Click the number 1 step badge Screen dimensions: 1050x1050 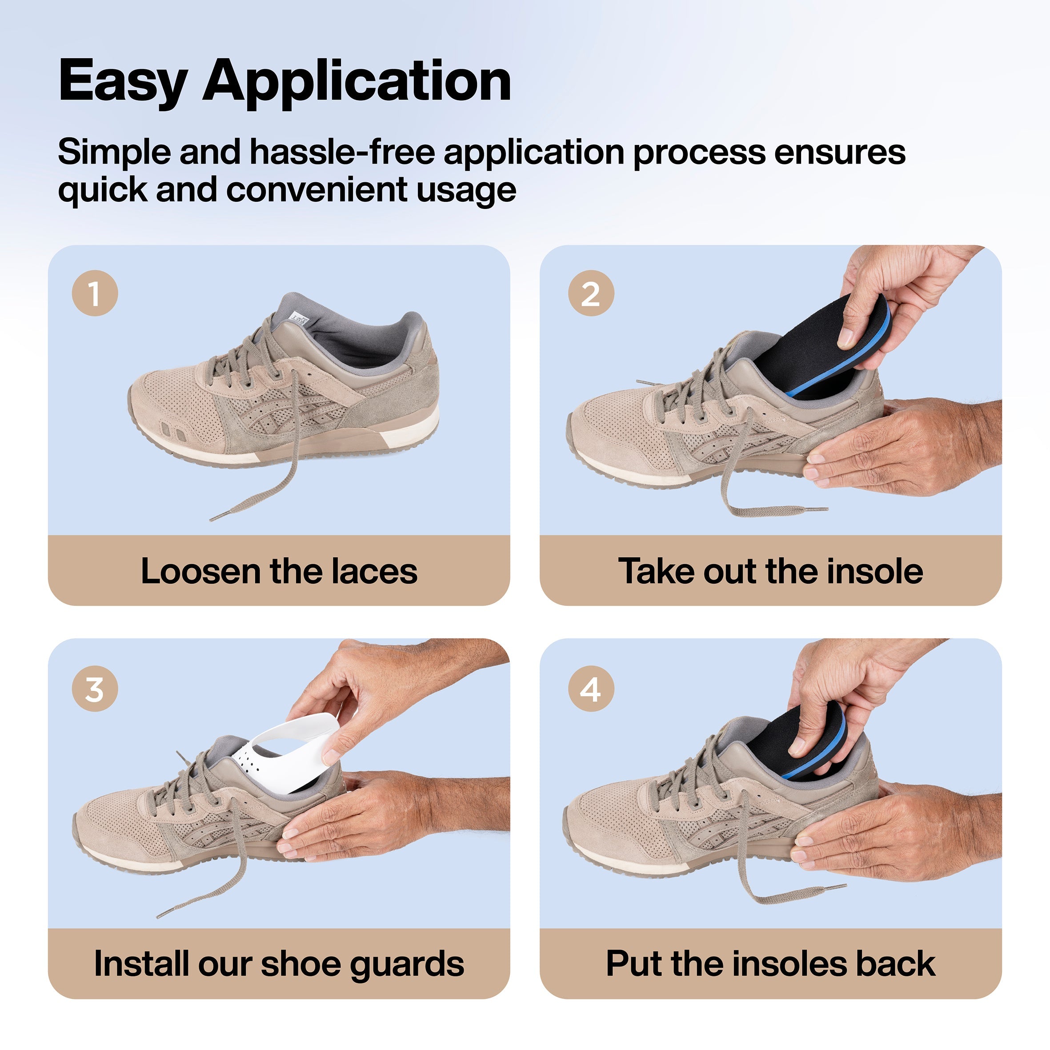95,293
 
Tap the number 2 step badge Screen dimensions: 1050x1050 591,293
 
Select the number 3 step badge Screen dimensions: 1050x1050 95,689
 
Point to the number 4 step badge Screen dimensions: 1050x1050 591,689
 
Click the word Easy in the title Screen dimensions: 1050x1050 123,81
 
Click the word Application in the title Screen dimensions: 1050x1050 357,81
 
